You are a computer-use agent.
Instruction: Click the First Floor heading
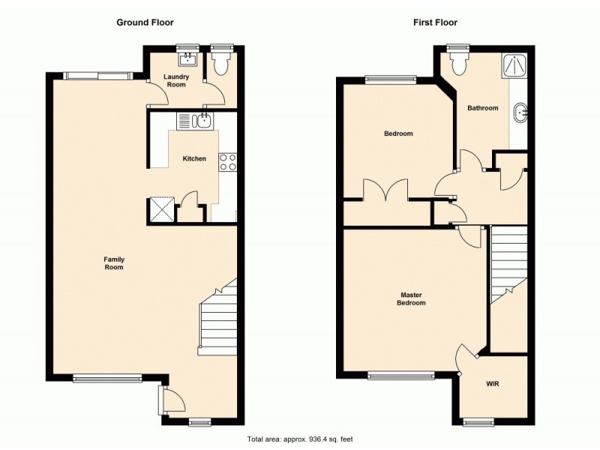tap(435, 22)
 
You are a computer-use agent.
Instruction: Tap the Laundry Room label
tap(177, 80)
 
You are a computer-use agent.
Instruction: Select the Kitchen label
tap(194, 158)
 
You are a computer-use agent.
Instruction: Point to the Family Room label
tap(114, 263)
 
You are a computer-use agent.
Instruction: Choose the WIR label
tap(493, 384)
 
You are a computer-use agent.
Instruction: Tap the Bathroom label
tap(482, 108)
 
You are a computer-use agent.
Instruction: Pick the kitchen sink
tap(196, 121)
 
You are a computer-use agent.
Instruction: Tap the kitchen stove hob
tap(228, 163)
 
